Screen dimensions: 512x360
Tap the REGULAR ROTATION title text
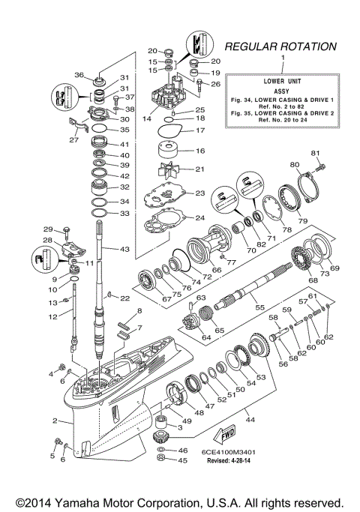[280, 46]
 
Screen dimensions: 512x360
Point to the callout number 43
[124, 249]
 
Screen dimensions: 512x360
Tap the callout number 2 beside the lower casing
[55, 422]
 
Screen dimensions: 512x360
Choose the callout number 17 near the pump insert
[199, 130]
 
